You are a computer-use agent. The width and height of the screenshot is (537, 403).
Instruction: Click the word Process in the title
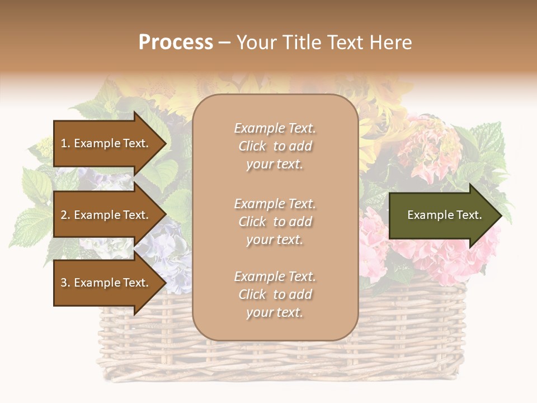pyautogui.click(x=176, y=43)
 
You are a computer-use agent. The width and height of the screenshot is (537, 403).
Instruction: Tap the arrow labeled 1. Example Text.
pyautogui.click(x=106, y=143)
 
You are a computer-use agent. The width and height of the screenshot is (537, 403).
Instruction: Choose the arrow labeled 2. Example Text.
pyautogui.click(x=106, y=215)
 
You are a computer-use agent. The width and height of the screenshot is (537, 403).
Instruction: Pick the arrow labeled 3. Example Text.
pyautogui.click(x=106, y=283)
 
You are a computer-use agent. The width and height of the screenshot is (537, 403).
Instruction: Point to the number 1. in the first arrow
pyautogui.click(x=65, y=143)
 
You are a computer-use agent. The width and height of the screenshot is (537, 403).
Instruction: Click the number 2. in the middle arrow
pyautogui.click(x=65, y=215)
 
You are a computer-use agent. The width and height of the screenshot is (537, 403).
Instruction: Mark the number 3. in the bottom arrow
pyautogui.click(x=65, y=283)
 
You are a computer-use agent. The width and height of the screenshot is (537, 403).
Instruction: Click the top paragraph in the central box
pyautogui.click(x=275, y=146)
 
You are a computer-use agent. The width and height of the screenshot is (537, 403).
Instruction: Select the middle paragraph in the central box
pyautogui.click(x=275, y=222)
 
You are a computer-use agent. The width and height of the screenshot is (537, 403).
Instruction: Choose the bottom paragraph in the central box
pyautogui.click(x=275, y=294)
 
